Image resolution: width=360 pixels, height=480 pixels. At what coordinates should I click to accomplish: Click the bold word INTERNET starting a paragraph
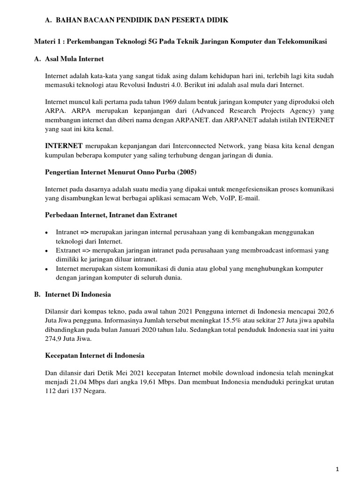pyautogui.click(x=64, y=146)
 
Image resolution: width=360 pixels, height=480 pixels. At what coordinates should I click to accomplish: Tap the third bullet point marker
pyautogui.click(x=47, y=269)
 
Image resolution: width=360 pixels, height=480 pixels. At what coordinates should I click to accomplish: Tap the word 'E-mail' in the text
pyautogui.click(x=248, y=198)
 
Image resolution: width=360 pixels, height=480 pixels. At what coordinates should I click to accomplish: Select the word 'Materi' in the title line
pyautogui.click(x=45, y=42)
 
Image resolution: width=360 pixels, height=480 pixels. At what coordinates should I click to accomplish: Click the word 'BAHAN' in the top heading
pyautogui.click(x=68, y=20)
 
